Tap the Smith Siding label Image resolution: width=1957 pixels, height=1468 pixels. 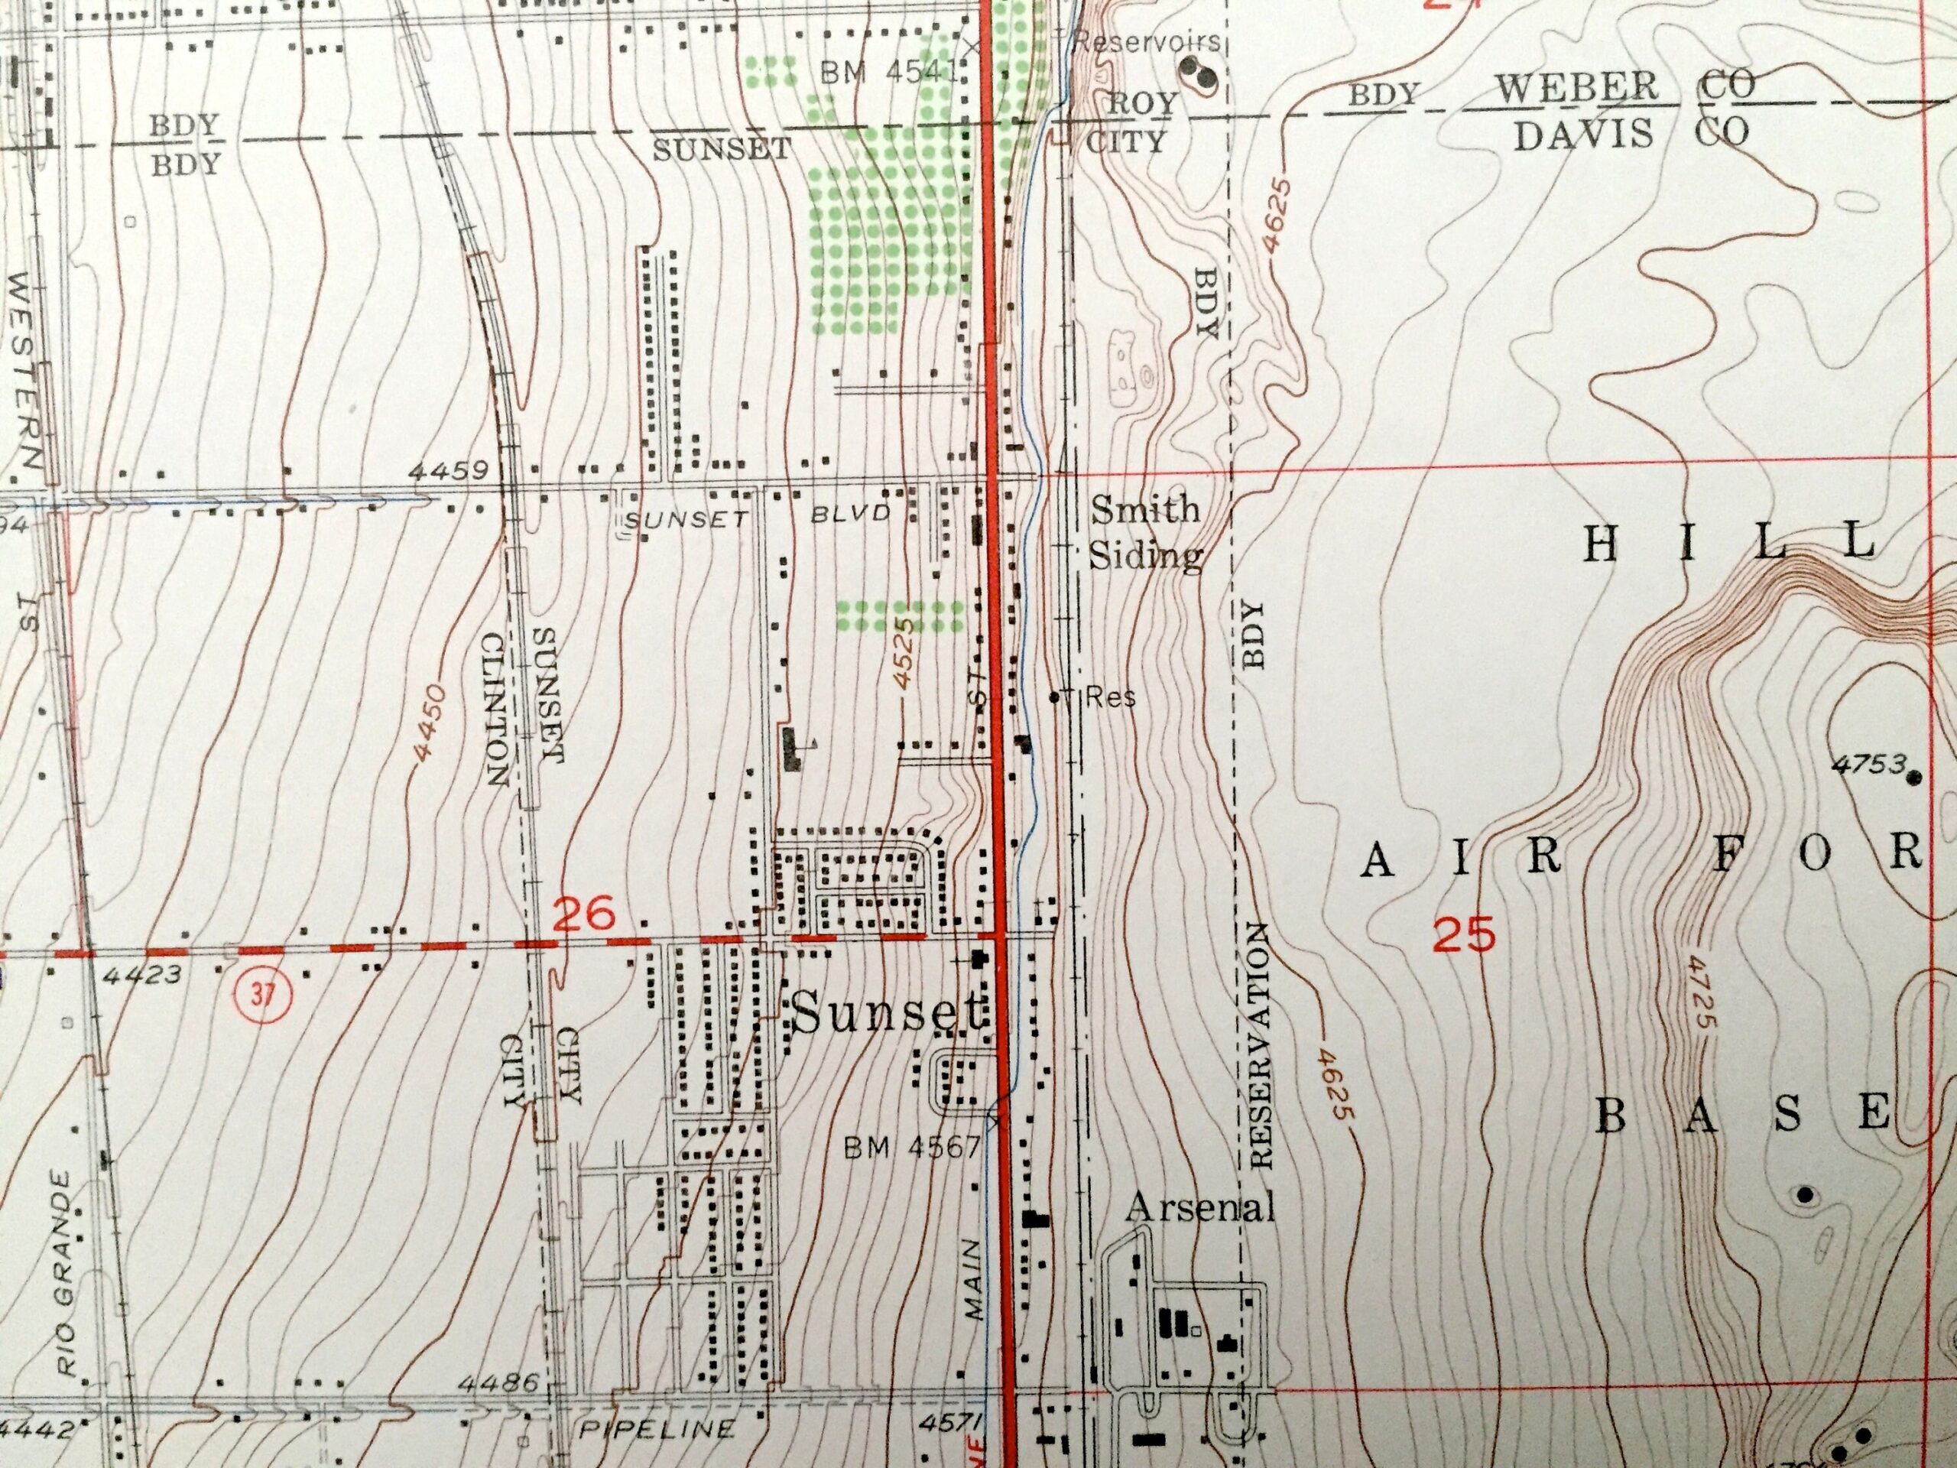click(x=1145, y=533)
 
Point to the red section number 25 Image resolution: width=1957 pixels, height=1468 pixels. click(x=1464, y=934)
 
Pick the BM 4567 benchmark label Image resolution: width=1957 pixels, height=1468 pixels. click(x=911, y=1148)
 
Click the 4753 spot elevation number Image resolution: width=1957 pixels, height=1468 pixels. click(x=1868, y=764)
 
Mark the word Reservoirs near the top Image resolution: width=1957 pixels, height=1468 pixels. click(x=1147, y=41)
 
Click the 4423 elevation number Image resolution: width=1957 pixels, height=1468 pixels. click(x=141, y=975)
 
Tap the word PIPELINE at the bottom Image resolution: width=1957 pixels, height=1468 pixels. click(x=657, y=1429)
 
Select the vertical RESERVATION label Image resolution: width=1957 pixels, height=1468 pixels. click(x=1260, y=1044)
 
